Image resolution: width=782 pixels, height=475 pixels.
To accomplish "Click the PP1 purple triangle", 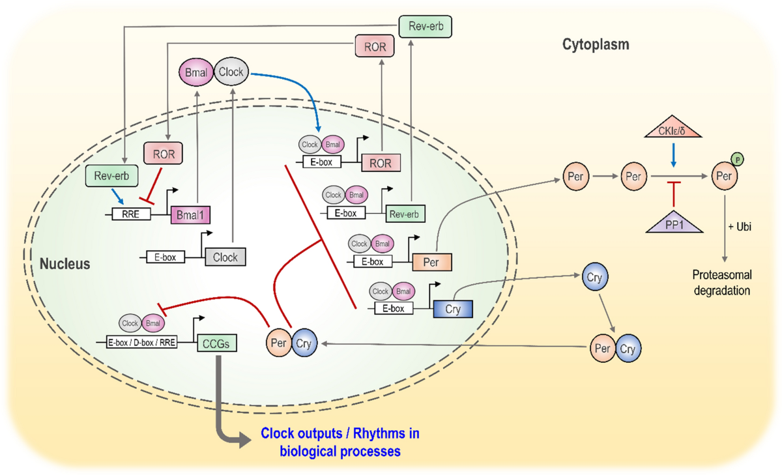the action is (x=674, y=222).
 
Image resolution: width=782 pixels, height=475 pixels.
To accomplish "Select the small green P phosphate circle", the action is (x=737, y=160).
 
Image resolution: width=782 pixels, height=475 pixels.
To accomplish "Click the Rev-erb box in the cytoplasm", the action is (x=425, y=27).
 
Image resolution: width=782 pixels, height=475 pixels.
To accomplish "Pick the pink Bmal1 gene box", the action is (x=190, y=214).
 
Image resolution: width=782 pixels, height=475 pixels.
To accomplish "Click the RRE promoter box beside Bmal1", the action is (x=131, y=214).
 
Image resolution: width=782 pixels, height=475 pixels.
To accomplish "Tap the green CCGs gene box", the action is (x=217, y=343).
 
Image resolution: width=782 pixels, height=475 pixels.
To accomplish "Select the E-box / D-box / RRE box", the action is (x=141, y=342).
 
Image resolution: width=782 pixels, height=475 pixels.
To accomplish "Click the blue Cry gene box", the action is (x=453, y=309).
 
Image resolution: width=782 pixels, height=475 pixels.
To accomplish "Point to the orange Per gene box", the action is (x=432, y=262).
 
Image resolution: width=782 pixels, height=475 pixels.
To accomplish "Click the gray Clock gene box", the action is (x=225, y=257).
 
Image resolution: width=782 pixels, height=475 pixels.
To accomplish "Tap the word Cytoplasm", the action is (x=596, y=45).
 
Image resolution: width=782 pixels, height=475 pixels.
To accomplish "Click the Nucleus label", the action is (x=65, y=264).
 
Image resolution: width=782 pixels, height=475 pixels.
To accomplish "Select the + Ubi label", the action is (x=740, y=227).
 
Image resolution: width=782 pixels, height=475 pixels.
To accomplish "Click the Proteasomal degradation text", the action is (x=722, y=282).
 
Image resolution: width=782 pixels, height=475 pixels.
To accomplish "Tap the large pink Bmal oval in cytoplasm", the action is (x=196, y=72).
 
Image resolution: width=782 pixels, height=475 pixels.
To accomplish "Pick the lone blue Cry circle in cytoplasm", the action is (x=594, y=277).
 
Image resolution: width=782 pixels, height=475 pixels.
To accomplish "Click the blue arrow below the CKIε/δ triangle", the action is (x=673, y=155).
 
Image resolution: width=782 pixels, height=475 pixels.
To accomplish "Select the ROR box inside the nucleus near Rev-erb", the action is (x=163, y=153).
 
